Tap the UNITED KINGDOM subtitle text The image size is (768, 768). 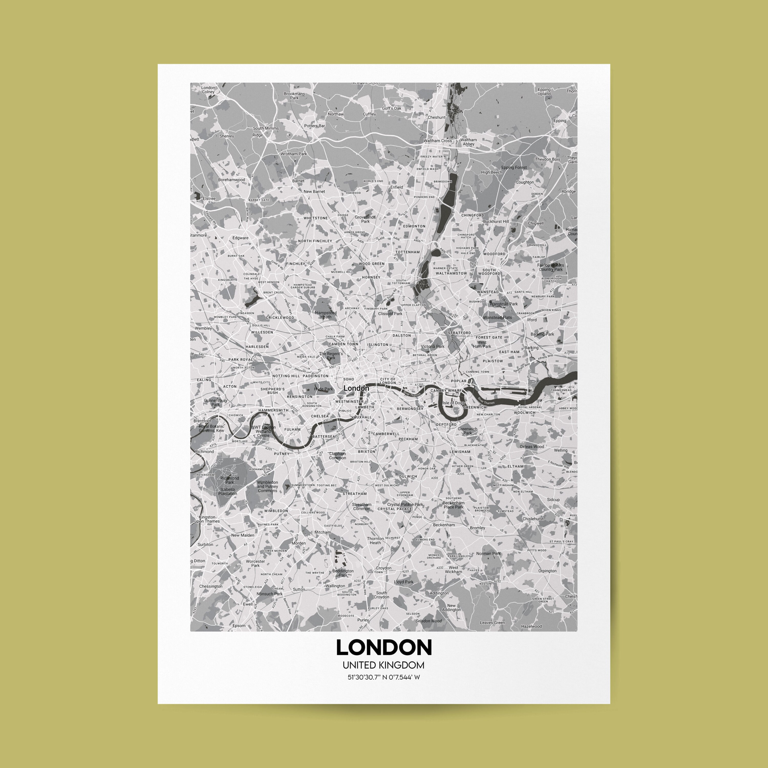coord(383,665)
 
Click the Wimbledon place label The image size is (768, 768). coord(276,511)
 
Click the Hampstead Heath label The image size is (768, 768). coord(326,315)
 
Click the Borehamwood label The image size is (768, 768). coord(231,180)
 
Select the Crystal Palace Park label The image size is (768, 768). coord(405,504)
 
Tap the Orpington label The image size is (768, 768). coord(547,571)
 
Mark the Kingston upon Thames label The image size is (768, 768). coord(207,519)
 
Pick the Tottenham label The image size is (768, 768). coord(408,252)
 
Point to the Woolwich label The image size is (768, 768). coord(524,413)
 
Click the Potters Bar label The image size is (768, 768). coord(314,126)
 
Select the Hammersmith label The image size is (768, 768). coord(273,410)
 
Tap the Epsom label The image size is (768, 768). coord(239,626)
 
